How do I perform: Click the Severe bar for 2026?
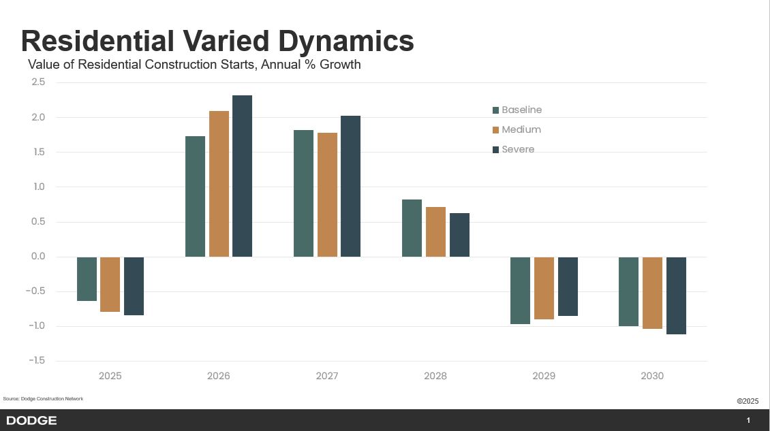coord(242,176)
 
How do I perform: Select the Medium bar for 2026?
coord(219,184)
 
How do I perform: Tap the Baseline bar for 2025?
coord(87,278)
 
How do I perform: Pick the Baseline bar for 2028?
coord(412,228)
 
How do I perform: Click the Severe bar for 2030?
coord(676,296)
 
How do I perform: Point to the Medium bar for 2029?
coord(544,288)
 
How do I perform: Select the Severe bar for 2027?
coord(350,186)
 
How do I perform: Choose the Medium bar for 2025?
coord(110,284)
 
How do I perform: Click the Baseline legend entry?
coord(517,110)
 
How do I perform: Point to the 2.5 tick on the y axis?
coord(37,82)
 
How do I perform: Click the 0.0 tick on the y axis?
coord(37,257)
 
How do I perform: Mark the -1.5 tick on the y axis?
coord(36,361)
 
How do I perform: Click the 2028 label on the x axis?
coord(435,376)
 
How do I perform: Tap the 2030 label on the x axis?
coord(652,376)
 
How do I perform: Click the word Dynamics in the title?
coord(345,41)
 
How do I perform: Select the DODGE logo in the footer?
coord(31,421)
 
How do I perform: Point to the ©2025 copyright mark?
coord(747,401)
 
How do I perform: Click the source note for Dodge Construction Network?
coord(43,398)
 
